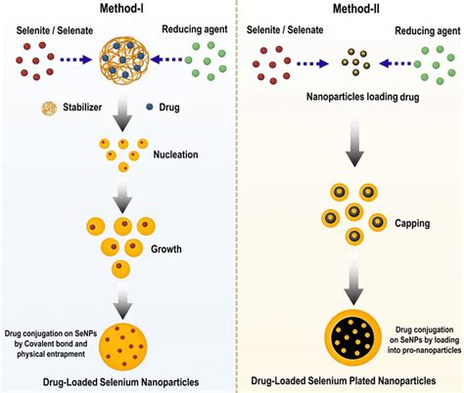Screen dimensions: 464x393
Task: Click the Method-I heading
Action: click(x=121, y=8)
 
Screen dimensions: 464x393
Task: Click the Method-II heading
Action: click(x=355, y=9)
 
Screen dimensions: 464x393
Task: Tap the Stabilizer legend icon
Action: click(x=49, y=108)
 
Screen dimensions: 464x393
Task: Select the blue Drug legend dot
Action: click(x=150, y=107)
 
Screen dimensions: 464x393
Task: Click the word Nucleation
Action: click(x=175, y=154)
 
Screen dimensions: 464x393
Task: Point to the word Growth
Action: click(x=166, y=249)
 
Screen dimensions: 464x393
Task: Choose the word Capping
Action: click(x=412, y=223)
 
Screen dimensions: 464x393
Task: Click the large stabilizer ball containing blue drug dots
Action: click(x=124, y=61)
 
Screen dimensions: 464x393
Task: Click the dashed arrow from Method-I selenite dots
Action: click(x=76, y=60)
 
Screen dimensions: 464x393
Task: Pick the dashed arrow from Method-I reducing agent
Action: click(x=166, y=60)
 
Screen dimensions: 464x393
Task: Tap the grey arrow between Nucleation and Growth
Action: click(x=122, y=195)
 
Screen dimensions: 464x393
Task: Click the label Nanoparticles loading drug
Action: click(x=362, y=97)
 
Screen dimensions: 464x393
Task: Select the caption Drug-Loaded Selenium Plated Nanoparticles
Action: click(x=344, y=380)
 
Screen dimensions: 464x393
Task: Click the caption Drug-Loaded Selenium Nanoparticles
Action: click(x=120, y=382)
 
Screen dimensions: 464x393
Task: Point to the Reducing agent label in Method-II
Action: click(x=428, y=31)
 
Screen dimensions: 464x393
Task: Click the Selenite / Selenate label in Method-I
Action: click(x=55, y=30)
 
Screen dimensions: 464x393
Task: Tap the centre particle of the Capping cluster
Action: click(x=354, y=212)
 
